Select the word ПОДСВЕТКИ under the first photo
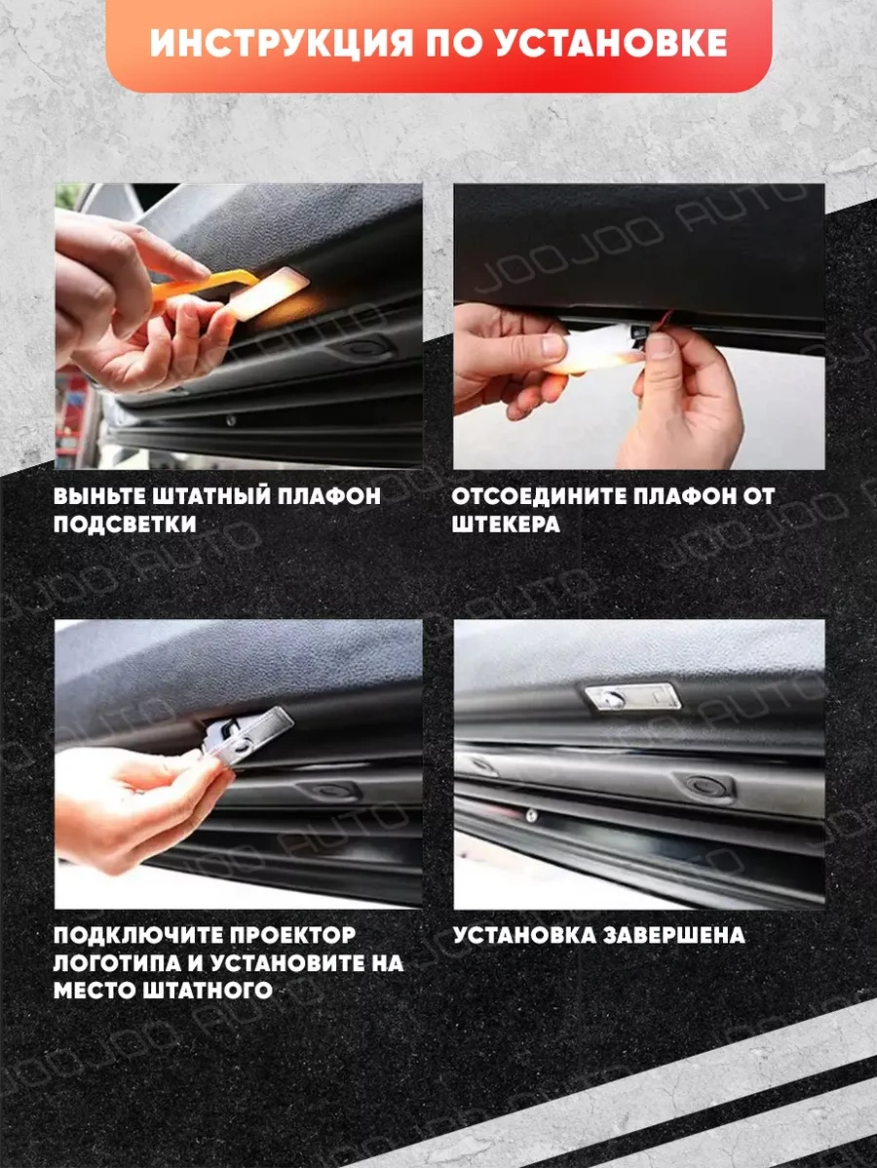tap(125, 525)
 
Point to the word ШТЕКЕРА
tap(506, 525)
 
